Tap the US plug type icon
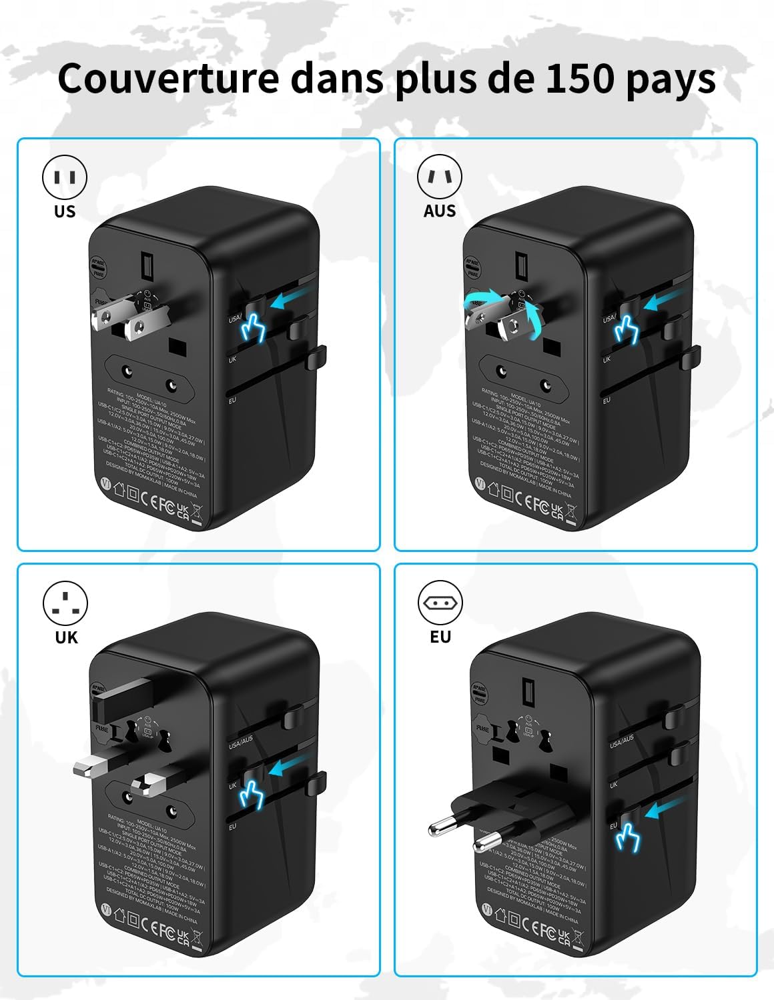(x=65, y=177)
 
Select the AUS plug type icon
(x=440, y=177)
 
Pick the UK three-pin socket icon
(x=65, y=603)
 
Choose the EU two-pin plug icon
(x=440, y=603)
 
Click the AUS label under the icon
(x=440, y=211)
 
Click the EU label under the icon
(x=440, y=637)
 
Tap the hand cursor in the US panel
(x=252, y=327)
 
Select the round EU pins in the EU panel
(x=460, y=837)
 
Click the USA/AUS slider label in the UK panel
(x=240, y=742)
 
